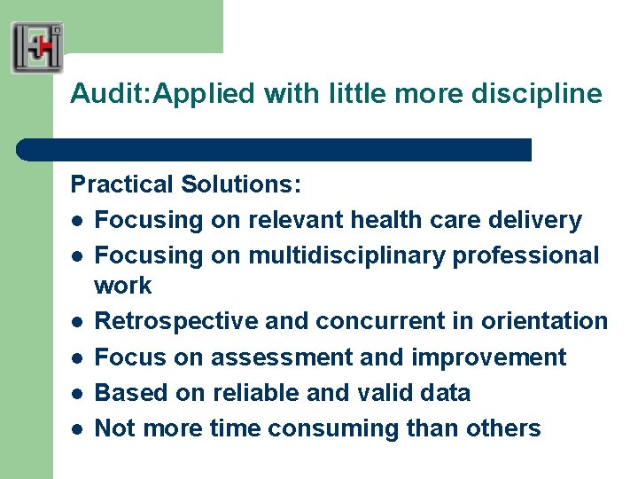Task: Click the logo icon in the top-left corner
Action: (x=37, y=47)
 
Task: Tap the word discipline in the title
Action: (x=548, y=93)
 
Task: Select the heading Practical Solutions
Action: (x=186, y=185)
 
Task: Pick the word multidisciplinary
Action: (x=347, y=255)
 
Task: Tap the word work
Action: (x=123, y=286)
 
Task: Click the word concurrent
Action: (x=367, y=321)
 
